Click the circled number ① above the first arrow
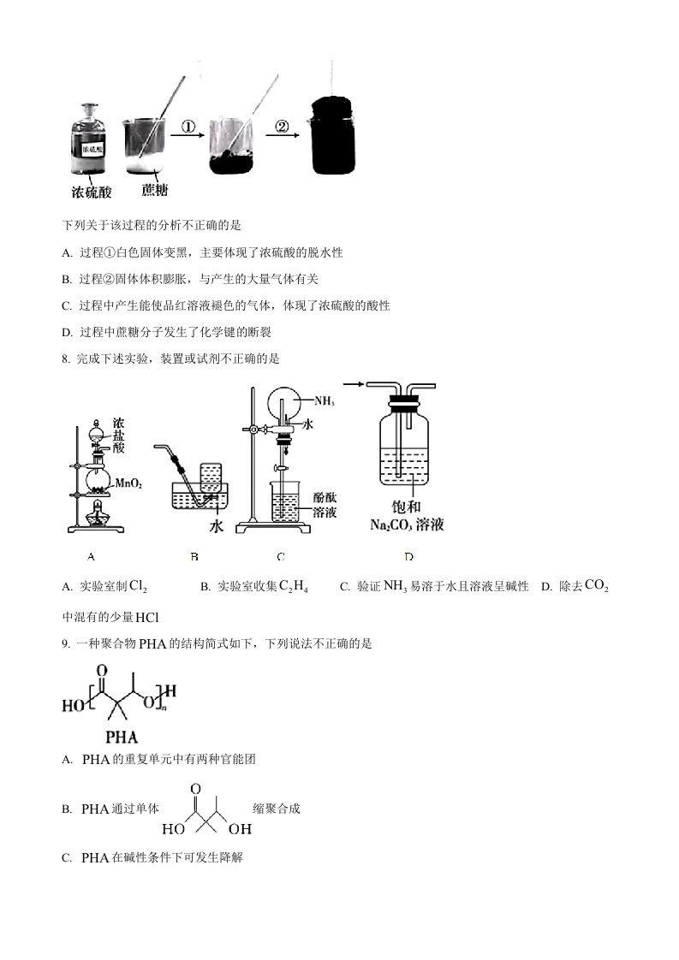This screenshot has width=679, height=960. tap(188, 127)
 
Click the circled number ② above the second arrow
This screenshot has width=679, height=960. tap(282, 127)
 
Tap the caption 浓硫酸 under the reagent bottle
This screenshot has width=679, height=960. tap(92, 192)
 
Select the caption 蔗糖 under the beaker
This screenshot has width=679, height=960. tap(154, 190)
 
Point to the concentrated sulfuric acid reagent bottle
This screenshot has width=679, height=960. tap(88, 139)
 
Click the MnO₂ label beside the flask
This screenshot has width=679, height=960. tap(129, 483)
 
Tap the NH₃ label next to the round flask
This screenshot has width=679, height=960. tap(325, 401)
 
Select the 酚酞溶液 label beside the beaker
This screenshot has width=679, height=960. tap(325, 505)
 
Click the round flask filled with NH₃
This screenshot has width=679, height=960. tap(286, 402)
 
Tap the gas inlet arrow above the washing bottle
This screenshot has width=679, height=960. tap(354, 384)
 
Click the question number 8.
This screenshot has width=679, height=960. tap(66, 359)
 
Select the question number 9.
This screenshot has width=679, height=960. tap(66, 644)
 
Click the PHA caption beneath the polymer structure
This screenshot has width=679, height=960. tap(122, 738)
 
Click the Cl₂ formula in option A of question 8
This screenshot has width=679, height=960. tap(139, 587)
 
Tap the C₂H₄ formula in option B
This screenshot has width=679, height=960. tap(294, 587)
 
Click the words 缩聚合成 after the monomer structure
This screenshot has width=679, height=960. tap(277, 809)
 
